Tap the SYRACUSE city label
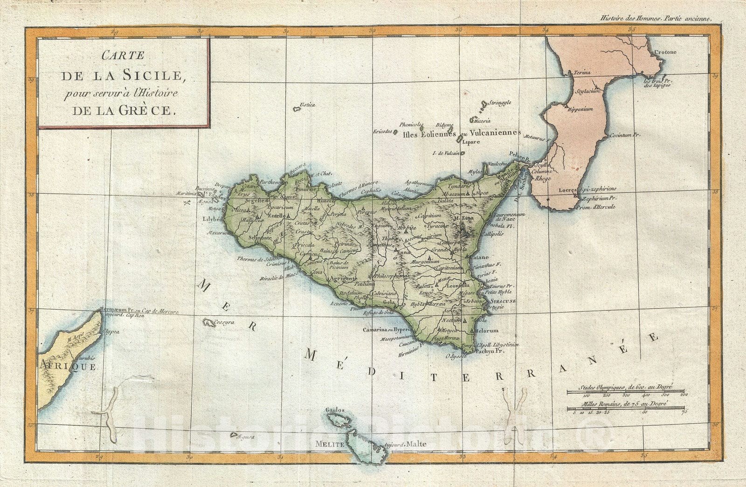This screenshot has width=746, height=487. (502, 301)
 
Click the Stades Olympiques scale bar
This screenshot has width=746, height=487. (625, 391)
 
